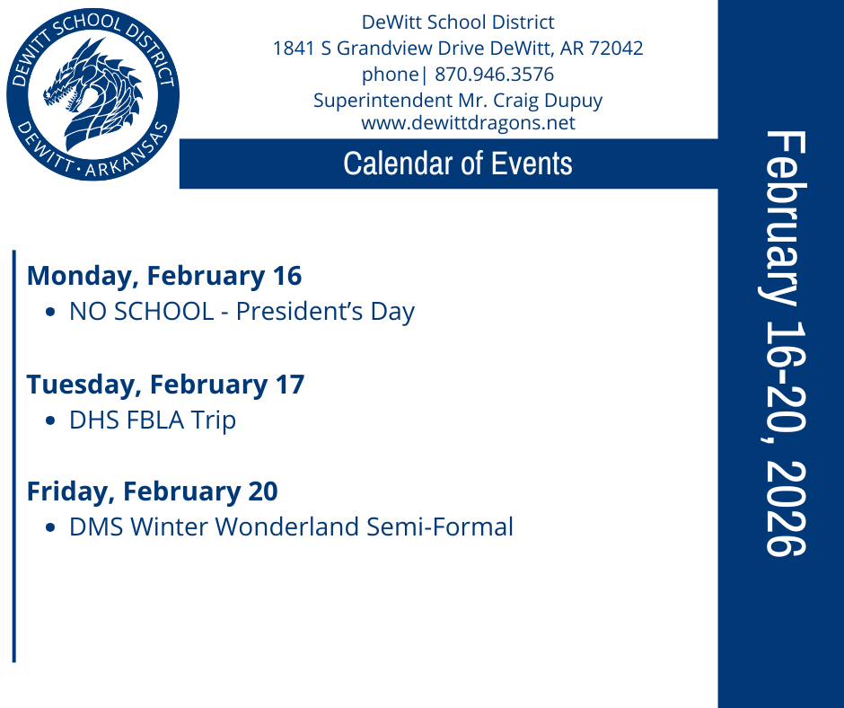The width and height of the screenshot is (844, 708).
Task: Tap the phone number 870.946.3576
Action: point(494,75)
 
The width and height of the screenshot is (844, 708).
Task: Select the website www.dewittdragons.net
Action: point(468,123)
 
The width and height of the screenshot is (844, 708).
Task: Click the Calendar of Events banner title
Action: point(458,164)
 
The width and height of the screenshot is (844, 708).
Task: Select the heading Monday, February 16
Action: point(164,275)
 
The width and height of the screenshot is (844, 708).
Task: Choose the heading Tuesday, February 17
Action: point(165,384)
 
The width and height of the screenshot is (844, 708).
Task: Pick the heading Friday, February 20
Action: point(152,491)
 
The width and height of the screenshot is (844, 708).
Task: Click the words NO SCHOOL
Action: point(142,312)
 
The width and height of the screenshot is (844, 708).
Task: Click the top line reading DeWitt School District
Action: point(458,22)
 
